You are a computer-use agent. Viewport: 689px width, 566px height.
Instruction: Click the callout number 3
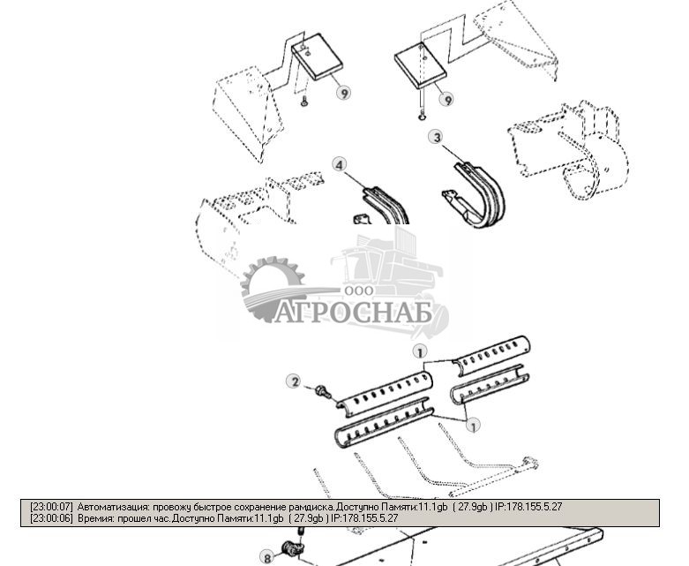tap(437, 137)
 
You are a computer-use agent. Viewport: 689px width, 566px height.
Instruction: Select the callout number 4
tap(339, 165)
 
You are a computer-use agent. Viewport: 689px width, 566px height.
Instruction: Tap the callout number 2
tap(295, 381)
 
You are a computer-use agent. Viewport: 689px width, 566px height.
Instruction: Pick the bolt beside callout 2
tap(324, 391)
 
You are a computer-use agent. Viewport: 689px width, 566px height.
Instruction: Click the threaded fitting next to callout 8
tap(294, 548)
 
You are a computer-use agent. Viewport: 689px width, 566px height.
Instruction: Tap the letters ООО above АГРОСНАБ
tap(359, 291)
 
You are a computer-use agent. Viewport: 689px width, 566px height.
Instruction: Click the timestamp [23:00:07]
tap(51, 507)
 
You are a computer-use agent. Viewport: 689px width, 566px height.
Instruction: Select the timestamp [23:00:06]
tap(51, 518)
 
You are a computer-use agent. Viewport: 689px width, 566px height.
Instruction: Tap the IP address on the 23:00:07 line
tap(528, 507)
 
